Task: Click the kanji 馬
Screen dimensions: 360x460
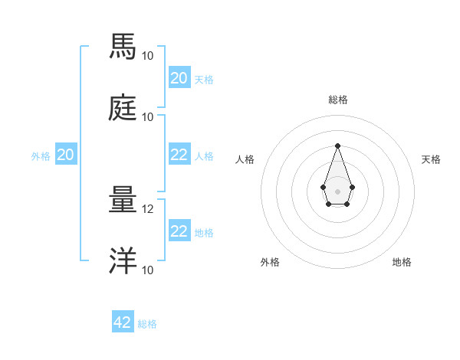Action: pyautogui.click(x=123, y=47)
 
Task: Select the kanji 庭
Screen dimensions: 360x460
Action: pyautogui.click(x=123, y=109)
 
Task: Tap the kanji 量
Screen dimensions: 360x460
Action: pyautogui.click(x=123, y=201)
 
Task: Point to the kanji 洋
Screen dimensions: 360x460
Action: pyautogui.click(x=123, y=262)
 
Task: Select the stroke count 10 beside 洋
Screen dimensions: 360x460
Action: pyautogui.click(x=148, y=270)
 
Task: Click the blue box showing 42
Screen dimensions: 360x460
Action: pyautogui.click(x=123, y=322)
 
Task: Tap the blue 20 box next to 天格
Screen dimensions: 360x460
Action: pyautogui.click(x=179, y=78)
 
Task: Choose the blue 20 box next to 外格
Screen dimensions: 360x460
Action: pyautogui.click(x=66, y=155)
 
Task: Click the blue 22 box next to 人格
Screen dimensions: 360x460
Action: pyautogui.click(x=179, y=155)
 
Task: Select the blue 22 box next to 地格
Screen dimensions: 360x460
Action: pyautogui.click(x=179, y=231)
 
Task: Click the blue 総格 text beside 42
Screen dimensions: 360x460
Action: pyautogui.click(x=147, y=324)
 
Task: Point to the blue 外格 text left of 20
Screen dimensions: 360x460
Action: pyautogui.click(x=41, y=156)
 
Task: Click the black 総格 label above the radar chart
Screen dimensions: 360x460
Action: pyautogui.click(x=337, y=100)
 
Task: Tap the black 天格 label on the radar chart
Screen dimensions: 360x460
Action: pyautogui.click(x=431, y=159)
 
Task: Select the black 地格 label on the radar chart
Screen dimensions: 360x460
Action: pyautogui.click(x=402, y=262)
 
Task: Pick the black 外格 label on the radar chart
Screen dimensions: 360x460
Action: pyautogui.click(x=270, y=262)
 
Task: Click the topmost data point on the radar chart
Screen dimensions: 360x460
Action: pyautogui.click(x=337, y=146)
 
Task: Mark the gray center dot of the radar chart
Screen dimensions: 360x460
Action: pyautogui.click(x=337, y=191)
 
